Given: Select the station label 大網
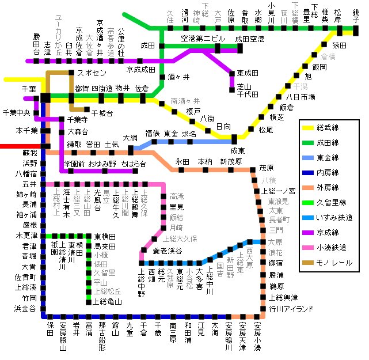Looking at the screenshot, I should coord(131,138).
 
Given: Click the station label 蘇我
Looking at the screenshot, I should coord(29,153).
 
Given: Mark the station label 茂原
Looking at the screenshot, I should coord(267,168).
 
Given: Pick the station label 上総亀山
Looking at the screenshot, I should coord(108,301).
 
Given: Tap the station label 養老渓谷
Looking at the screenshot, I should coord(167,251).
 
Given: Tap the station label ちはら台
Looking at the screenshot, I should coord(134,164).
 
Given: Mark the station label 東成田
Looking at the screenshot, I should coord(248,73).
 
